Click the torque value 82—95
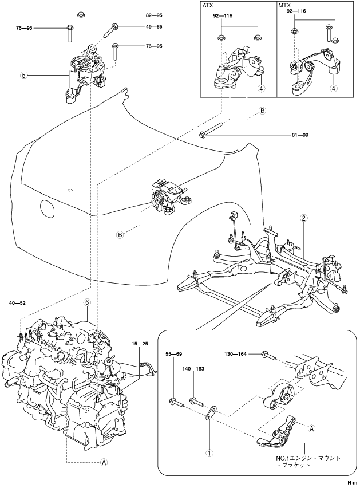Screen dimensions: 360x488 (x=154, y=15)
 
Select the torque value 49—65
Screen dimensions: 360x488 (x=154, y=27)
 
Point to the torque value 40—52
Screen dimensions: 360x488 (x=17, y=302)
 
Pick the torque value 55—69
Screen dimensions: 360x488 (x=174, y=354)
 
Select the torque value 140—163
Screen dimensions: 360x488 (x=194, y=369)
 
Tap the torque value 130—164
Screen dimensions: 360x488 (x=236, y=354)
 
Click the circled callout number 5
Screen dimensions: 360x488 (x=23, y=75)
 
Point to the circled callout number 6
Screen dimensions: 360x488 (x=87, y=302)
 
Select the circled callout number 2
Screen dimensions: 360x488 (x=304, y=218)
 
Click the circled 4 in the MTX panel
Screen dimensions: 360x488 (x=334, y=88)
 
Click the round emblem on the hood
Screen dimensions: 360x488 (x=48, y=208)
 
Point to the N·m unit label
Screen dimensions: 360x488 (x=352, y=483)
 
